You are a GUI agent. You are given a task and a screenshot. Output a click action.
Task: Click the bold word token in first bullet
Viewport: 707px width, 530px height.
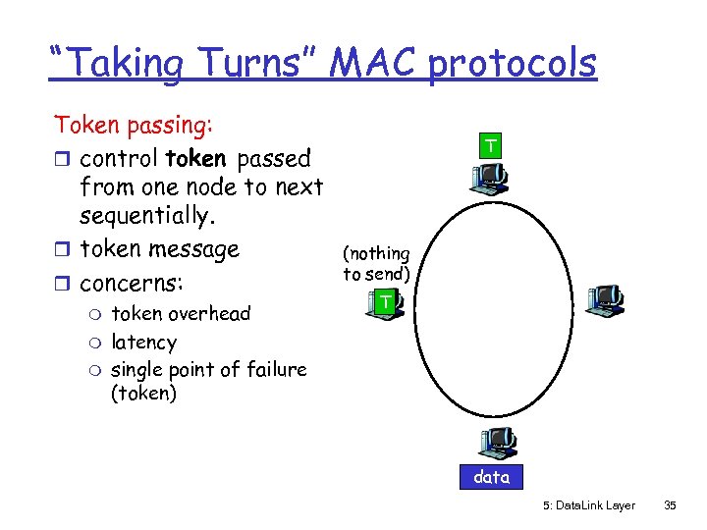197,158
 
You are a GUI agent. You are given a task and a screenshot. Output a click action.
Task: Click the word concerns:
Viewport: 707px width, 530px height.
143,283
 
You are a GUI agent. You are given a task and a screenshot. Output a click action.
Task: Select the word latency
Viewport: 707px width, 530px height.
144,342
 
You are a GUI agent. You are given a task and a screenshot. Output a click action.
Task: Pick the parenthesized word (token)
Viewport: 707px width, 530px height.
143,394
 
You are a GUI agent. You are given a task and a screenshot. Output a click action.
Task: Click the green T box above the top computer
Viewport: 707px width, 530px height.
488,147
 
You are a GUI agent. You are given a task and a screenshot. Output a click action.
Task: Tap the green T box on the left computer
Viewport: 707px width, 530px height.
388,303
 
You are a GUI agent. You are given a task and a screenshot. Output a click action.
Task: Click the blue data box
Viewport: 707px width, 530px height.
491,477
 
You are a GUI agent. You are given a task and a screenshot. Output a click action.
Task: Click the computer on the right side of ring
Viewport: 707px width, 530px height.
605,299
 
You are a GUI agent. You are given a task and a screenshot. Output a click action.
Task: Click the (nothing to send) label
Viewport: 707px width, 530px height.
376,264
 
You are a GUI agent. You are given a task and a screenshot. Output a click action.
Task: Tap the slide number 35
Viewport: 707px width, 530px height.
670,505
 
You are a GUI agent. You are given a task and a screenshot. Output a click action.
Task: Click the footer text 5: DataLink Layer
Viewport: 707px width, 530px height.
588,505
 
